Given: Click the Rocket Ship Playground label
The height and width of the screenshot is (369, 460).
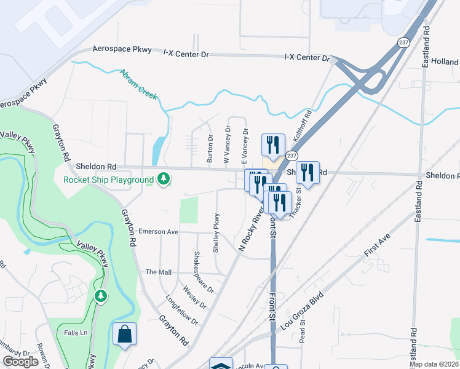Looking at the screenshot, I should [108, 180].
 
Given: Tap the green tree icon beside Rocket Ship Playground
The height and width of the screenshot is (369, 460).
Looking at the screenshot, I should [163, 179].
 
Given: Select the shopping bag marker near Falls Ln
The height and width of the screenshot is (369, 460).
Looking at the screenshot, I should [124, 335].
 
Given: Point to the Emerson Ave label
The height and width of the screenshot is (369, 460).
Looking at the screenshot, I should [158, 232].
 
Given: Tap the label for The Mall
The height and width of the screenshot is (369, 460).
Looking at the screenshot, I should [158, 271].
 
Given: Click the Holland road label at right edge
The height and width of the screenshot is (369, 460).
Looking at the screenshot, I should [445, 62].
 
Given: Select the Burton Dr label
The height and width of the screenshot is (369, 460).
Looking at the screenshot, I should [210, 149].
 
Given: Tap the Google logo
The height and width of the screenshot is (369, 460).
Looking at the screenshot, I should [20, 362].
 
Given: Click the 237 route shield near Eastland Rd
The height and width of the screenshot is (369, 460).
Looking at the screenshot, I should [403, 42].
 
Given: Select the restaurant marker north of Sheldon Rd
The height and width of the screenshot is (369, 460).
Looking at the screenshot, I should [272, 145].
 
